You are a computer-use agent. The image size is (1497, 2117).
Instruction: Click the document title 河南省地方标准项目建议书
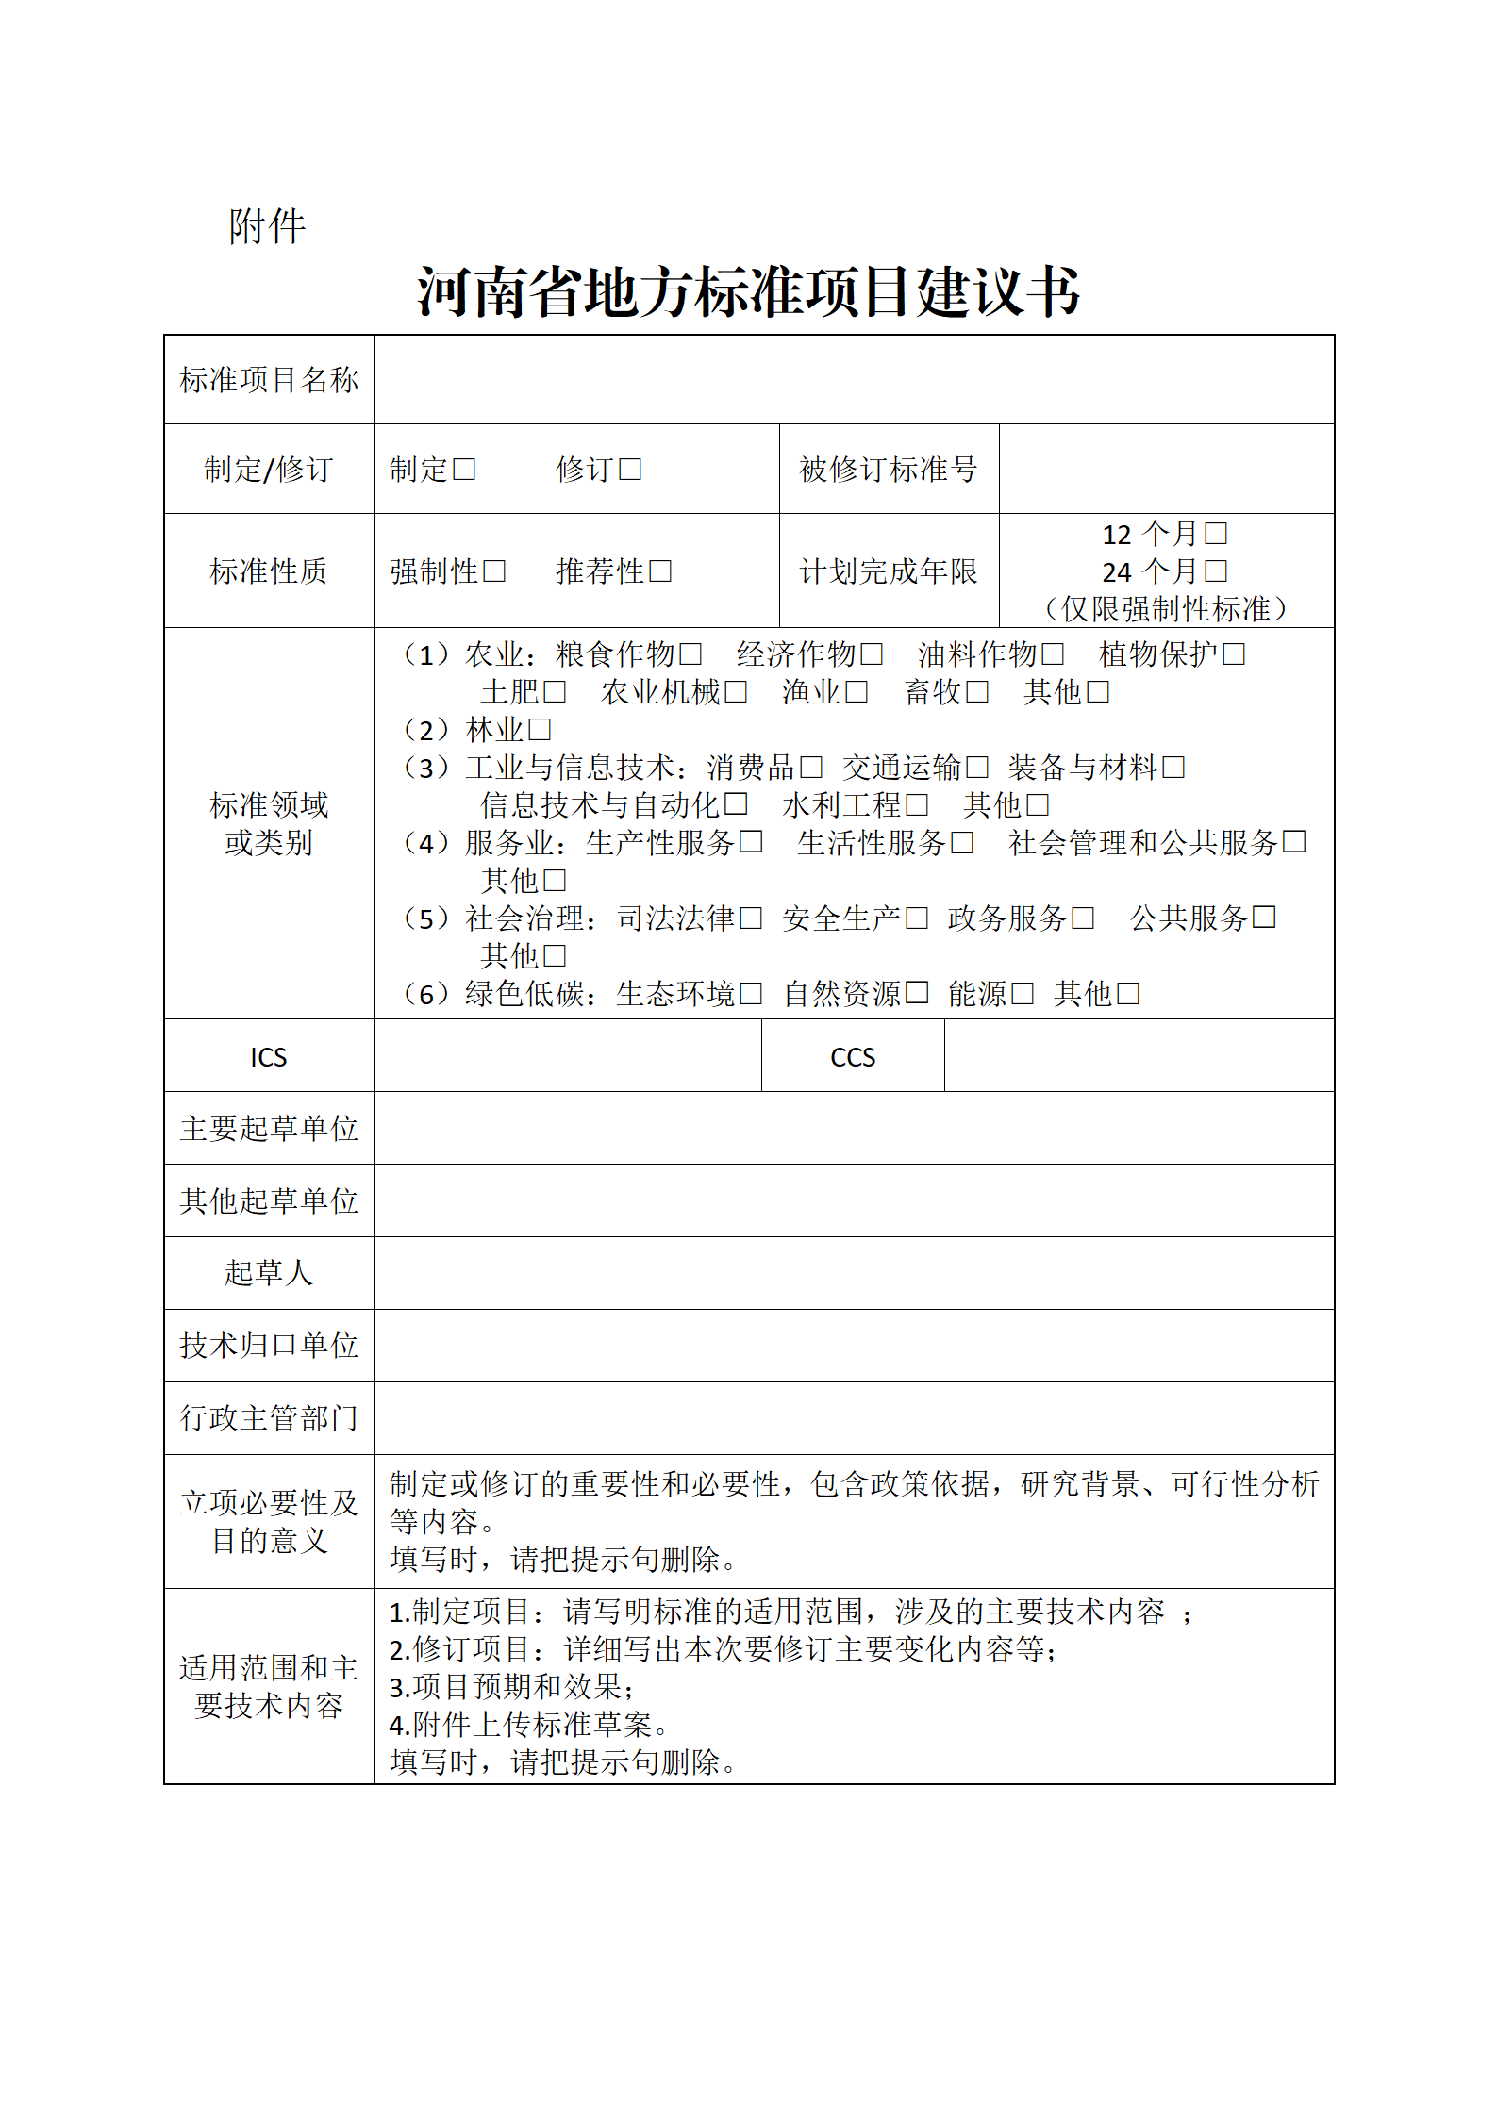pos(748,291)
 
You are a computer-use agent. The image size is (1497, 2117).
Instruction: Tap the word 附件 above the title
pos(267,227)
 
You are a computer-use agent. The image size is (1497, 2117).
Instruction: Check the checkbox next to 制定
pos(464,470)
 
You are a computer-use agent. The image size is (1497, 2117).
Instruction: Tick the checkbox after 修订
pos(630,470)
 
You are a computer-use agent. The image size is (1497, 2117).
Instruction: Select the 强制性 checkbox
pos(494,571)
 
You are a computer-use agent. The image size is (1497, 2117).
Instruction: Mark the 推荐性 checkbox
pos(660,571)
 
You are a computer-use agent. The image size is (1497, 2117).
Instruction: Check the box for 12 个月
pos(1216,535)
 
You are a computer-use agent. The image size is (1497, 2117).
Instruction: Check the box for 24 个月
pos(1216,571)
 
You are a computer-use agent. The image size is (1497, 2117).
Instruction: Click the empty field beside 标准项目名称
pos(854,380)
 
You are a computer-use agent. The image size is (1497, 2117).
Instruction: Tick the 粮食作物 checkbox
pos(691,654)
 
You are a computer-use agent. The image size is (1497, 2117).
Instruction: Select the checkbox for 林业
pos(540,730)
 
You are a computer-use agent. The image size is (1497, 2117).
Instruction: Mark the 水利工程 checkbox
pos(917,805)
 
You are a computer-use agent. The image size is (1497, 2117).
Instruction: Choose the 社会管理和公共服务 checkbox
pos(1294,842)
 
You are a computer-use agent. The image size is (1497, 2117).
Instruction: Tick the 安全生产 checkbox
pos(917,918)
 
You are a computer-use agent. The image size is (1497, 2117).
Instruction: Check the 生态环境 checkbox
pos(751,994)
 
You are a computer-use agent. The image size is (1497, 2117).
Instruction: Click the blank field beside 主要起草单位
pos(854,1129)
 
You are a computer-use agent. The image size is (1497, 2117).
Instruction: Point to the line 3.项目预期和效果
pos(511,1687)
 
